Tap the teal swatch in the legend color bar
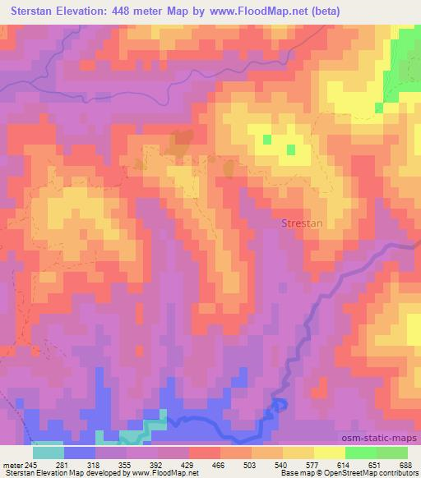pos(49,452)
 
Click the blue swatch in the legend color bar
pos(80,452)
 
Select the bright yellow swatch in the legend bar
pos(329,452)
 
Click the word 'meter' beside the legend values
pos(10,464)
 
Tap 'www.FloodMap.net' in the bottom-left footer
pos(161,473)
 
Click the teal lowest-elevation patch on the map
pos(132,435)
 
